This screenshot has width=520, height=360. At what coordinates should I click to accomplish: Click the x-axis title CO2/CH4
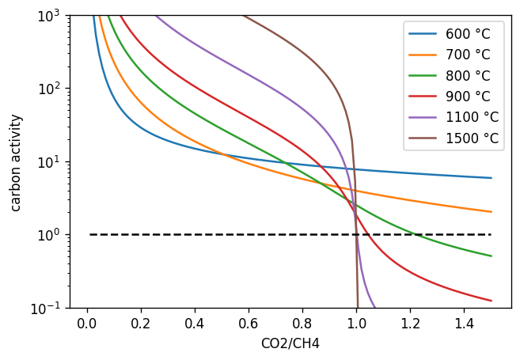click(x=290, y=343)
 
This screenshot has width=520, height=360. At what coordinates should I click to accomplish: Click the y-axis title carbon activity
click(x=17, y=162)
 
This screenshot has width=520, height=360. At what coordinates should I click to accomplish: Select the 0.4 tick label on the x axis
click(x=195, y=324)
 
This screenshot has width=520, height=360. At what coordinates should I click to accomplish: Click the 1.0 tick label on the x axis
click(x=356, y=324)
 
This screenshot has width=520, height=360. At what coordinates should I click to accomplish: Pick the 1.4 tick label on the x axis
click(x=464, y=324)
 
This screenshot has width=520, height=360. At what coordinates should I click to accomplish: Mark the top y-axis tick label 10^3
click(x=51, y=16)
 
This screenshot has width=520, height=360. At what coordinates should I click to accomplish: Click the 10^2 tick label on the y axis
click(x=51, y=89)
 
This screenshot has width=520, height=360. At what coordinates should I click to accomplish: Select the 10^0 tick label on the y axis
click(x=51, y=235)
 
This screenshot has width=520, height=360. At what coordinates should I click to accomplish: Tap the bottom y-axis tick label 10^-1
click(x=49, y=308)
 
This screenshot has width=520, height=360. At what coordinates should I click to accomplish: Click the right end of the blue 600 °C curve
click(x=491, y=178)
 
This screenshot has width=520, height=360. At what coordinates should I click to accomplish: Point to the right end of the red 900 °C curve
click(x=491, y=301)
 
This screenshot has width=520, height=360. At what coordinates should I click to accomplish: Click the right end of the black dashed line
click(x=491, y=234)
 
